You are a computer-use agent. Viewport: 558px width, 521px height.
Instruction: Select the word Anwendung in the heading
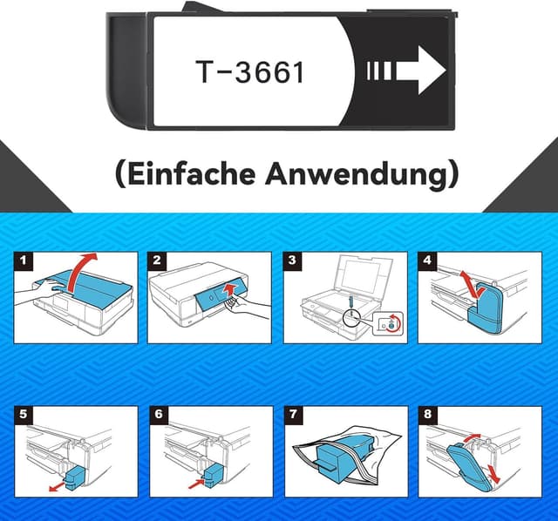tap(373, 173)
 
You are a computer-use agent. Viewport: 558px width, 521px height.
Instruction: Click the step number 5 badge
tap(24, 414)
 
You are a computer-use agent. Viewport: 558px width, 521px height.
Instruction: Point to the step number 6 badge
tap(158, 414)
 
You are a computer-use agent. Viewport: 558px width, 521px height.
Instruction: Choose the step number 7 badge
tap(293, 414)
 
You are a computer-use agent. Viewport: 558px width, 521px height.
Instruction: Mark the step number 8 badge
tap(428, 414)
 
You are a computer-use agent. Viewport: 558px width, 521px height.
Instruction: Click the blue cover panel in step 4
tap(487, 309)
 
